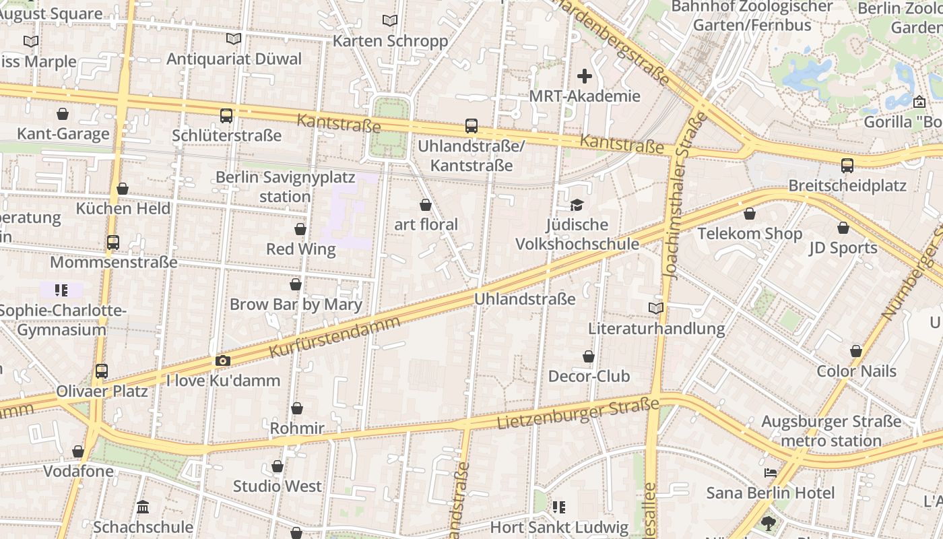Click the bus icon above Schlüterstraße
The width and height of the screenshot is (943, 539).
click(x=226, y=116)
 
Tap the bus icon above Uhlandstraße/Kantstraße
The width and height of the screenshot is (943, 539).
click(x=471, y=126)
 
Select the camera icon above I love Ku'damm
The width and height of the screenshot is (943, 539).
click(x=223, y=361)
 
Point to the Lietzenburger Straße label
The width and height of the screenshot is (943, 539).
click(x=578, y=414)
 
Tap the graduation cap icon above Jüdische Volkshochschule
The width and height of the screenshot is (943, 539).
click(x=577, y=205)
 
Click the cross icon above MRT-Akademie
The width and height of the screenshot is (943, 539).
click(x=585, y=76)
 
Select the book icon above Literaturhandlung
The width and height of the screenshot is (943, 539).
click(x=656, y=309)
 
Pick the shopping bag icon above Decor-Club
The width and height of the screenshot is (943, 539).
click(x=589, y=356)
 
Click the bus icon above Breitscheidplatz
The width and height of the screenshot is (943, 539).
click(x=847, y=166)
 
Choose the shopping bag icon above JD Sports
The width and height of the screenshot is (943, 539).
click(x=843, y=228)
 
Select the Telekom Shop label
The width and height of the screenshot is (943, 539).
click(x=750, y=234)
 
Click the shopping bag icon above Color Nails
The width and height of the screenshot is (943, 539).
click(x=856, y=351)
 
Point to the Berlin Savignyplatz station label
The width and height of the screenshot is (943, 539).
click(x=285, y=187)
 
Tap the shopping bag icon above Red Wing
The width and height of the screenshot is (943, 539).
click(x=300, y=230)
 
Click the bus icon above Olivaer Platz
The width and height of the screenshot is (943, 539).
click(x=102, y=371)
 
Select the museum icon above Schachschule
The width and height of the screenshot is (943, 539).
click(x=143, y=507)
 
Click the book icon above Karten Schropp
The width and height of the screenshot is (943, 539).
click(x=390, y=21)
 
